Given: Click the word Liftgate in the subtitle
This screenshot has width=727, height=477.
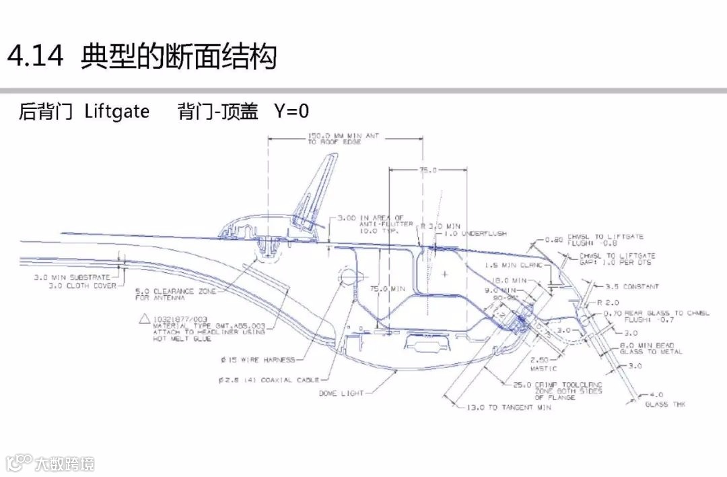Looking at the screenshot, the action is [117, 111].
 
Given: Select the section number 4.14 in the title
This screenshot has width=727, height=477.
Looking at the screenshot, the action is [35, 57].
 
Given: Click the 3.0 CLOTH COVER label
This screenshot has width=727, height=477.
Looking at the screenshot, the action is [81, 286].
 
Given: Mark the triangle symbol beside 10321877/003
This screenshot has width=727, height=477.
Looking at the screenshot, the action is [143, 319].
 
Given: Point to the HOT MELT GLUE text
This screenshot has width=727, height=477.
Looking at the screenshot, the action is [182, 339].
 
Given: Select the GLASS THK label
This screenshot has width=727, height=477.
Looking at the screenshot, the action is [666, 404].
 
